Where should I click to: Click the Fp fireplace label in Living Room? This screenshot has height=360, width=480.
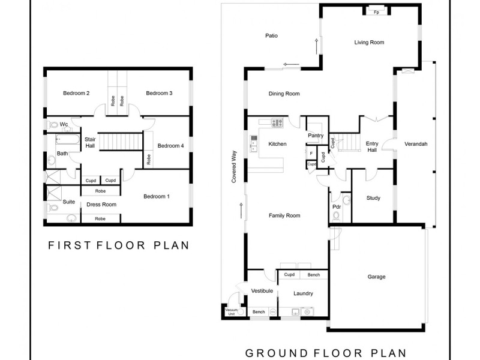click(376, 12)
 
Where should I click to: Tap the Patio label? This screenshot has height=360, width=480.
click(271, 36)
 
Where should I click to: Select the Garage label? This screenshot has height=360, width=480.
click(376, 277)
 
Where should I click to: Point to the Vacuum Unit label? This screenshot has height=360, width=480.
click(231, 312)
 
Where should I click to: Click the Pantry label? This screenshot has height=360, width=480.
click(316, 136)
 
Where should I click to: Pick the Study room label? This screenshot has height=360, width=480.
click(373, 199)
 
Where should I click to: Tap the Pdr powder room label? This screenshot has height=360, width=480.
click(337, 207)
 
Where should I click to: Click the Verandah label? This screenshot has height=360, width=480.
click(416, 144)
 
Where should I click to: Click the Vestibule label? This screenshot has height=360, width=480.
click(262, 291)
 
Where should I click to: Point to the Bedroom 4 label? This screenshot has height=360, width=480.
click(170, 146)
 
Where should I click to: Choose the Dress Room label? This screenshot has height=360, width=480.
click(101, 205)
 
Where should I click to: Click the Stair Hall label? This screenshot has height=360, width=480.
click(90, 142)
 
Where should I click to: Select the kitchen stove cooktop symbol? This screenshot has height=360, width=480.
click(277, 123)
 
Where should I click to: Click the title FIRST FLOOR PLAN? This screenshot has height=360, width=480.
click(119, 245)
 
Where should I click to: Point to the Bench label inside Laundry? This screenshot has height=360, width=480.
click(314, 275)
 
